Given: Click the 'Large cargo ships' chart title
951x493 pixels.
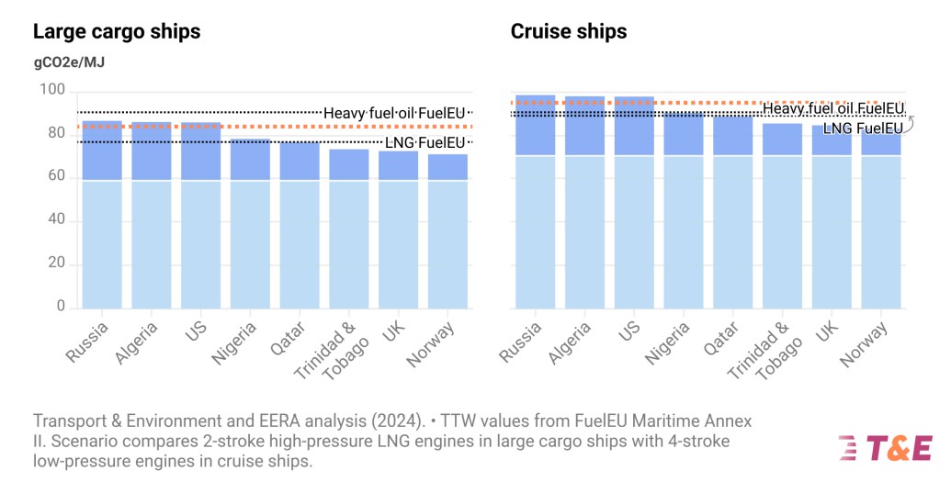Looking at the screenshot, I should click(117, 31).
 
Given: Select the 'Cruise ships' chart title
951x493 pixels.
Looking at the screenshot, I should click(569, 31).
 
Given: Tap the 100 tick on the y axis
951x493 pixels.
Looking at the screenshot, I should click(51, 90).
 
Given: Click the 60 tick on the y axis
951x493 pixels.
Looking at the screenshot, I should click(55, 176).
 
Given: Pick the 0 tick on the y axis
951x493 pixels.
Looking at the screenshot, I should click(60, 307).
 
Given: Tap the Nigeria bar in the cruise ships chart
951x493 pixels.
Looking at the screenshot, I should click(684, 211).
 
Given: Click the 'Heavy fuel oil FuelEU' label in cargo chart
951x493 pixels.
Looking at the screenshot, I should click(394, 113).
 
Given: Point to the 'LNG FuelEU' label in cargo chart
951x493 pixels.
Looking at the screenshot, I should click(425, 142).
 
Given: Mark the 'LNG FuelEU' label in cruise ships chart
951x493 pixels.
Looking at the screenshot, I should click(862, 129).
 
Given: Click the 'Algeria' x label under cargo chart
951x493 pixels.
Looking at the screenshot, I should click(137, 342).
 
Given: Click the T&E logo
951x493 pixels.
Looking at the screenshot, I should click(885, 448).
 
